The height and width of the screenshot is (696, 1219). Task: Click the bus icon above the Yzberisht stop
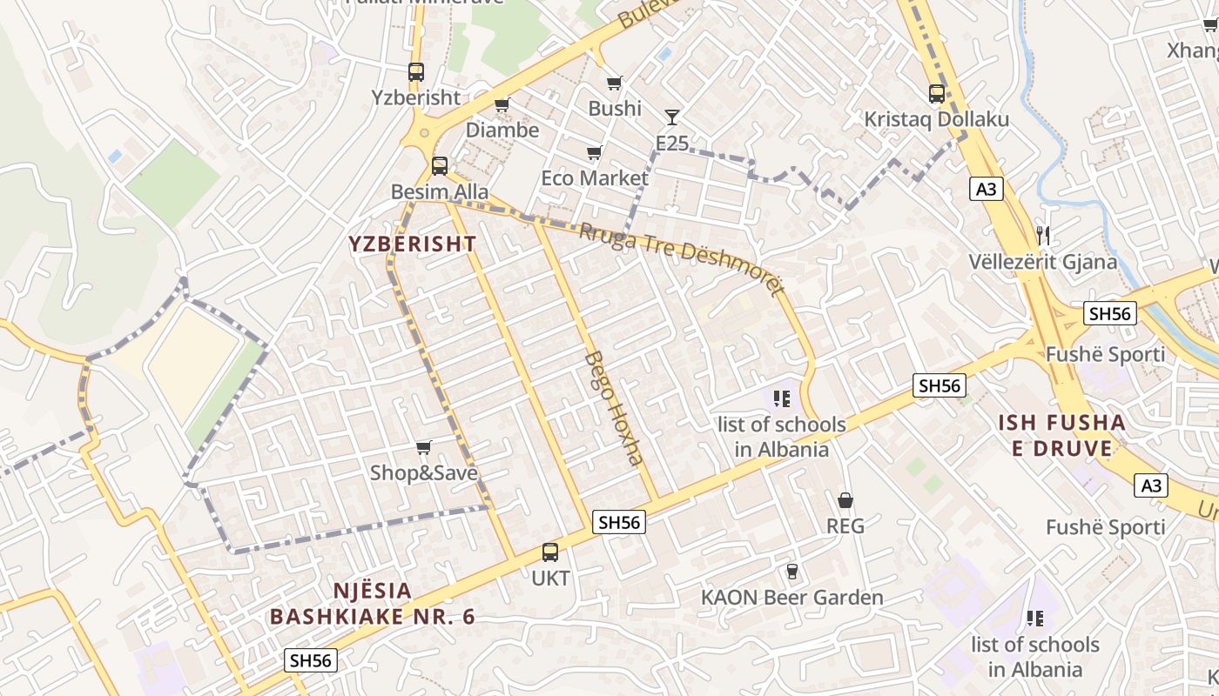pos(416,72)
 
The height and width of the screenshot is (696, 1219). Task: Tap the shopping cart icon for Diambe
pos(502,105)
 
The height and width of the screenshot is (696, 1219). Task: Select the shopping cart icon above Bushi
pos(615,84)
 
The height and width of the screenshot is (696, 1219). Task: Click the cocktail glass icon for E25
pos(671,117)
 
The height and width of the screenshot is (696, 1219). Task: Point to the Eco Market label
pos(595,178)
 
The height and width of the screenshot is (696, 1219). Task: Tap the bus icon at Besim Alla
pos(440,166)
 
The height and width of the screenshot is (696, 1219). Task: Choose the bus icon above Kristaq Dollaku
pos(937,94)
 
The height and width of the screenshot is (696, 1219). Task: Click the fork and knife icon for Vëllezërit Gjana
pos(1043,235)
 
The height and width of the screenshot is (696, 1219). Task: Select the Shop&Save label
pos(424,473)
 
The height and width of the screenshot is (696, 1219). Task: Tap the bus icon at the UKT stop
pos(550,552)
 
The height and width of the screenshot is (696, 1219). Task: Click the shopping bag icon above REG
pos(845,501)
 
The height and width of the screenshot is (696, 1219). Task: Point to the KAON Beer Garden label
pos(792,598)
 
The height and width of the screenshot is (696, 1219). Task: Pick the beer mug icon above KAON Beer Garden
pos(791,572)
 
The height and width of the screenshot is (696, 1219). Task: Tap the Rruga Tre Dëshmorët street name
pos(682,258)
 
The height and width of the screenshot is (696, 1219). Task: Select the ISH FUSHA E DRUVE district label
pos(1061,436)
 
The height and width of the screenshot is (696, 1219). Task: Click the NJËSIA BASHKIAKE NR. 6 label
pos(373,604)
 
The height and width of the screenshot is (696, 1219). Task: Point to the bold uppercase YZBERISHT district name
pos(413,244)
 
